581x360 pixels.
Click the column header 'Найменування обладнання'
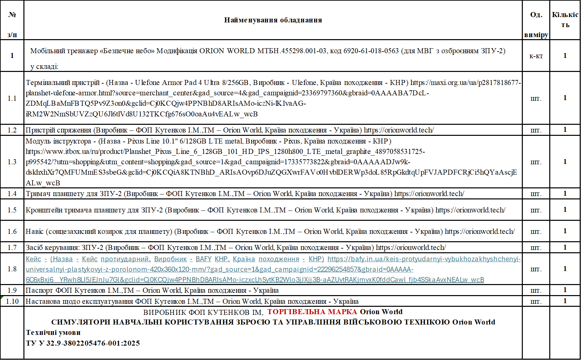[x=273, y=20]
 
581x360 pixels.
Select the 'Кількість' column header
[x=565, y=19]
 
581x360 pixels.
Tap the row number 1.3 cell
[x=12, y=162]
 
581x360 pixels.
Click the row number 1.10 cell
[x=12, y=301]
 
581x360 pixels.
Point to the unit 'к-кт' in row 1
[x=536, y=56]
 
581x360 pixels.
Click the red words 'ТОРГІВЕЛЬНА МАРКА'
[x=312, y=312]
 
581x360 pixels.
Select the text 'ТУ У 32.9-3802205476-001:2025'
[x=83, y=343]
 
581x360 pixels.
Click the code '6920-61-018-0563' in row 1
[x=371, y=51]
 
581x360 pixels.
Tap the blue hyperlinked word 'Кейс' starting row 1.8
[x=33, y=259]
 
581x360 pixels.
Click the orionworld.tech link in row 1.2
[x=399, y=130]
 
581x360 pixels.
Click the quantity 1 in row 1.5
[x=565, y=209]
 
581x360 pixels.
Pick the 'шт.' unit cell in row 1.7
[x=536, y=248]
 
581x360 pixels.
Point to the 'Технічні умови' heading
[x=53, y=333]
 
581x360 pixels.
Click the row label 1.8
[x=12, y=269]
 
